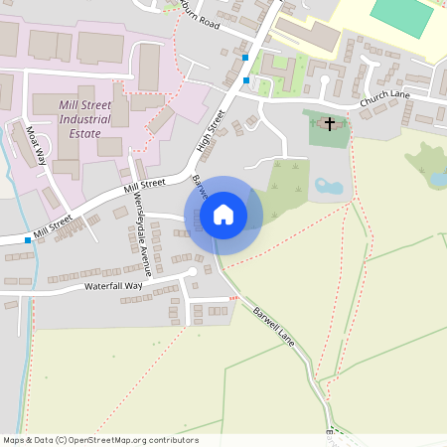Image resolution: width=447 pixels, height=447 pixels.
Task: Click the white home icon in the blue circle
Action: pyautogui.click(x=223, y=215)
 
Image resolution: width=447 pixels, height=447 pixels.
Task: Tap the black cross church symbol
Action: pyautogui.click(x=329, y=124)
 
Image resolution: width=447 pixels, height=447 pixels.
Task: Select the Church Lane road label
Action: pyautogui.click(x=385, y=100)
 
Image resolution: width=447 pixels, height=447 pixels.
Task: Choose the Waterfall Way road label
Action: pyautogui.click(x=112, y=286)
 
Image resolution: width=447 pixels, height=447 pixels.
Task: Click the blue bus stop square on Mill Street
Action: pyautogui.click(x=28, y=240)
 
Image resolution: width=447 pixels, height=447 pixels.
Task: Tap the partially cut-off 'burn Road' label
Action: pyautogui.click(x=198, y=19)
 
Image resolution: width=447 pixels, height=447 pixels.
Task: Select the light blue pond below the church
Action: pyautogui.click(x=328, y=186)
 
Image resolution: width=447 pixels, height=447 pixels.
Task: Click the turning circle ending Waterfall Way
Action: pyautogui.click(x=192, y=271)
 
